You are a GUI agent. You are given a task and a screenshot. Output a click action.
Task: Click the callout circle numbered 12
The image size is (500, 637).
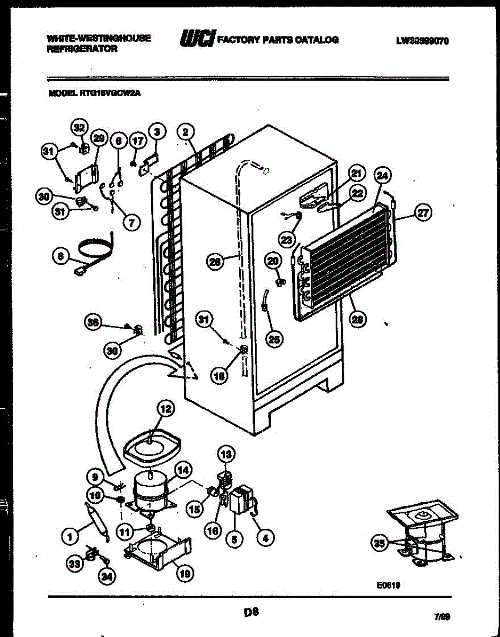[x=165, y=409]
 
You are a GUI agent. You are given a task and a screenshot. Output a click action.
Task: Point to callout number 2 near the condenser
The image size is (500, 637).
[x=186, y=132]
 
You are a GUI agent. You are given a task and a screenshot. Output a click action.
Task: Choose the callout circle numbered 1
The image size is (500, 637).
[x=68, y=538]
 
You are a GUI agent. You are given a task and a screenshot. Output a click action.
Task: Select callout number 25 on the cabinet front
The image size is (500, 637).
[x=274, y=338]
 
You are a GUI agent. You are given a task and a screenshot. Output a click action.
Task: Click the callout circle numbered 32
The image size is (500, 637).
[x=79, y=127]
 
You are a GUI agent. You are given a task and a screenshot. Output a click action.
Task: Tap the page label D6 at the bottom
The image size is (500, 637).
[x=251, y=612]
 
